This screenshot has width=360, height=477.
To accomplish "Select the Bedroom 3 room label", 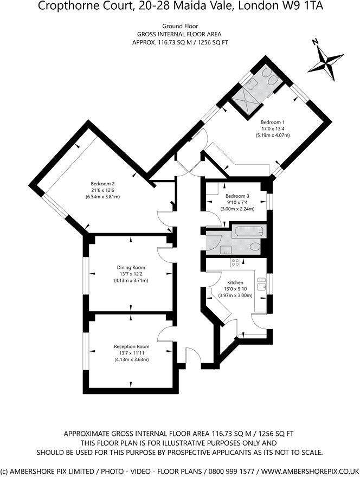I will coord(237,196).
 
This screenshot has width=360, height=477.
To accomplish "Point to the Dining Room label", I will coord(131,267).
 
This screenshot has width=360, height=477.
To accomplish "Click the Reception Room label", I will coord(131,346).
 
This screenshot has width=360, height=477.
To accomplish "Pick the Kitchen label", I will coord(235,282).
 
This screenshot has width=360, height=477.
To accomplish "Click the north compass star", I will coord(324,60).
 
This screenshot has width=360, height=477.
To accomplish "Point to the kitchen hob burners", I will coord(236,262).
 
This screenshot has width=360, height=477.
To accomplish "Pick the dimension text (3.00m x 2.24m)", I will coord(237,209).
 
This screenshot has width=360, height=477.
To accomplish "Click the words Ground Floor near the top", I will coord(180,25).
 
